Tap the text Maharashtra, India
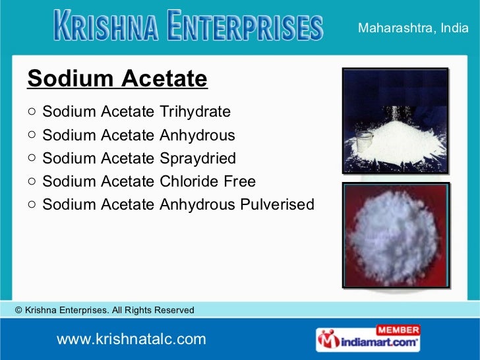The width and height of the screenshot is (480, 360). tap(417, 28)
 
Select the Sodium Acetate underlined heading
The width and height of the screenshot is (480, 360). tap(117, 79)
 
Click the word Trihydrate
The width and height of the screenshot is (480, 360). tap(195, 111)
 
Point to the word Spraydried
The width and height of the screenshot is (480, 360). tap(198, 158)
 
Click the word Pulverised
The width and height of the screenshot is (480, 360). tap(277, 204)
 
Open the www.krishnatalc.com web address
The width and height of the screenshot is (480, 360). tap(131, 340)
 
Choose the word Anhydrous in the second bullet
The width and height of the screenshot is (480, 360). tap(197, 135)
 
